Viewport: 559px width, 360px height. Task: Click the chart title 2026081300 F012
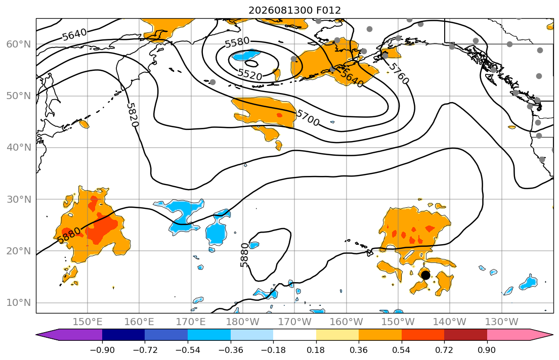(x=294, y=10)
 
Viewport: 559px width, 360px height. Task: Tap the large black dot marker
(x=425, y=275)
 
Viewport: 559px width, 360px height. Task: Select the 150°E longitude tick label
(x=88, y=322)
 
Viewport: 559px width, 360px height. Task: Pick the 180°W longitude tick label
(x=243, y=322)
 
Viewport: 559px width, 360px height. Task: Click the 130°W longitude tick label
(x=502, y=322)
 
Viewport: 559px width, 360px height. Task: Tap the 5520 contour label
(x=250, y=74)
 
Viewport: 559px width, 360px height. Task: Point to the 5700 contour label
(x=308, y=118)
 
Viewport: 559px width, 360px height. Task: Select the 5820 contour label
(x=132, y=115)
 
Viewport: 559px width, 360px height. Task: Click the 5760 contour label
(x=399, y=73)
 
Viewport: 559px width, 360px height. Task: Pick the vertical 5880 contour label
(x=244, y=255)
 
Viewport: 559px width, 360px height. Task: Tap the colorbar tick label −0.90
(x=102, y=350)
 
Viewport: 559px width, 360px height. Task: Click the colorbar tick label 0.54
(x=402, y=350)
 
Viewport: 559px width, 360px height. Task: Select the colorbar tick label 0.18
(x=316, y=350)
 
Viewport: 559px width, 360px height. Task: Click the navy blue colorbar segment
(x=123, y=335)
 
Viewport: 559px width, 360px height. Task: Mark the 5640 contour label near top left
(x=74, y=34)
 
